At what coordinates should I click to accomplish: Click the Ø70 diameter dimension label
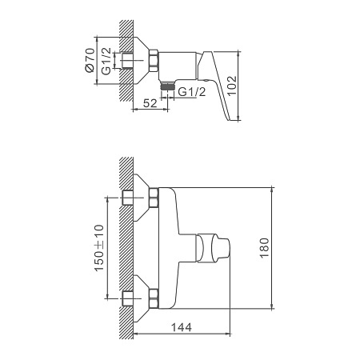point(90,60)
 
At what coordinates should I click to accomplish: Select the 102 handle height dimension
point(232,86)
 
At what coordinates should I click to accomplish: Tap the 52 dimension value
point(150,103)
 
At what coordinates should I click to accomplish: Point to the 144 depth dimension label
point(182,327)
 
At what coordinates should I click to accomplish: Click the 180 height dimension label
point(264,248)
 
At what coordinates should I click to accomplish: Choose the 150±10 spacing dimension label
point(99,248)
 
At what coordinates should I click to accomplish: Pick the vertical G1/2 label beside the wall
point(106,62)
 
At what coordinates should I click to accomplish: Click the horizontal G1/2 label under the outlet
point(192,92)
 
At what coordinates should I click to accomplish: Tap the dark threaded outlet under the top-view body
point(167,86)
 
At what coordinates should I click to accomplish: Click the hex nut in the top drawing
point(154,61)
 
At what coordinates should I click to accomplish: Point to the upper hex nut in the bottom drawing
point(154,198)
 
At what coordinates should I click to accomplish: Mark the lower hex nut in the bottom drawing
point(154,298)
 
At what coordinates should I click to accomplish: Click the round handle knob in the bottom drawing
point(214,248)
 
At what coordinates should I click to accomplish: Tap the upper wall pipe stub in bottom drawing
point(128,198)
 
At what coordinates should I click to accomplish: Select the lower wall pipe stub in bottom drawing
point(128,298)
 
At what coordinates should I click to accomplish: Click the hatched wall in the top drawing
point(126,61)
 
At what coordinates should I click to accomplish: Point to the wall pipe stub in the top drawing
point(127,61)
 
